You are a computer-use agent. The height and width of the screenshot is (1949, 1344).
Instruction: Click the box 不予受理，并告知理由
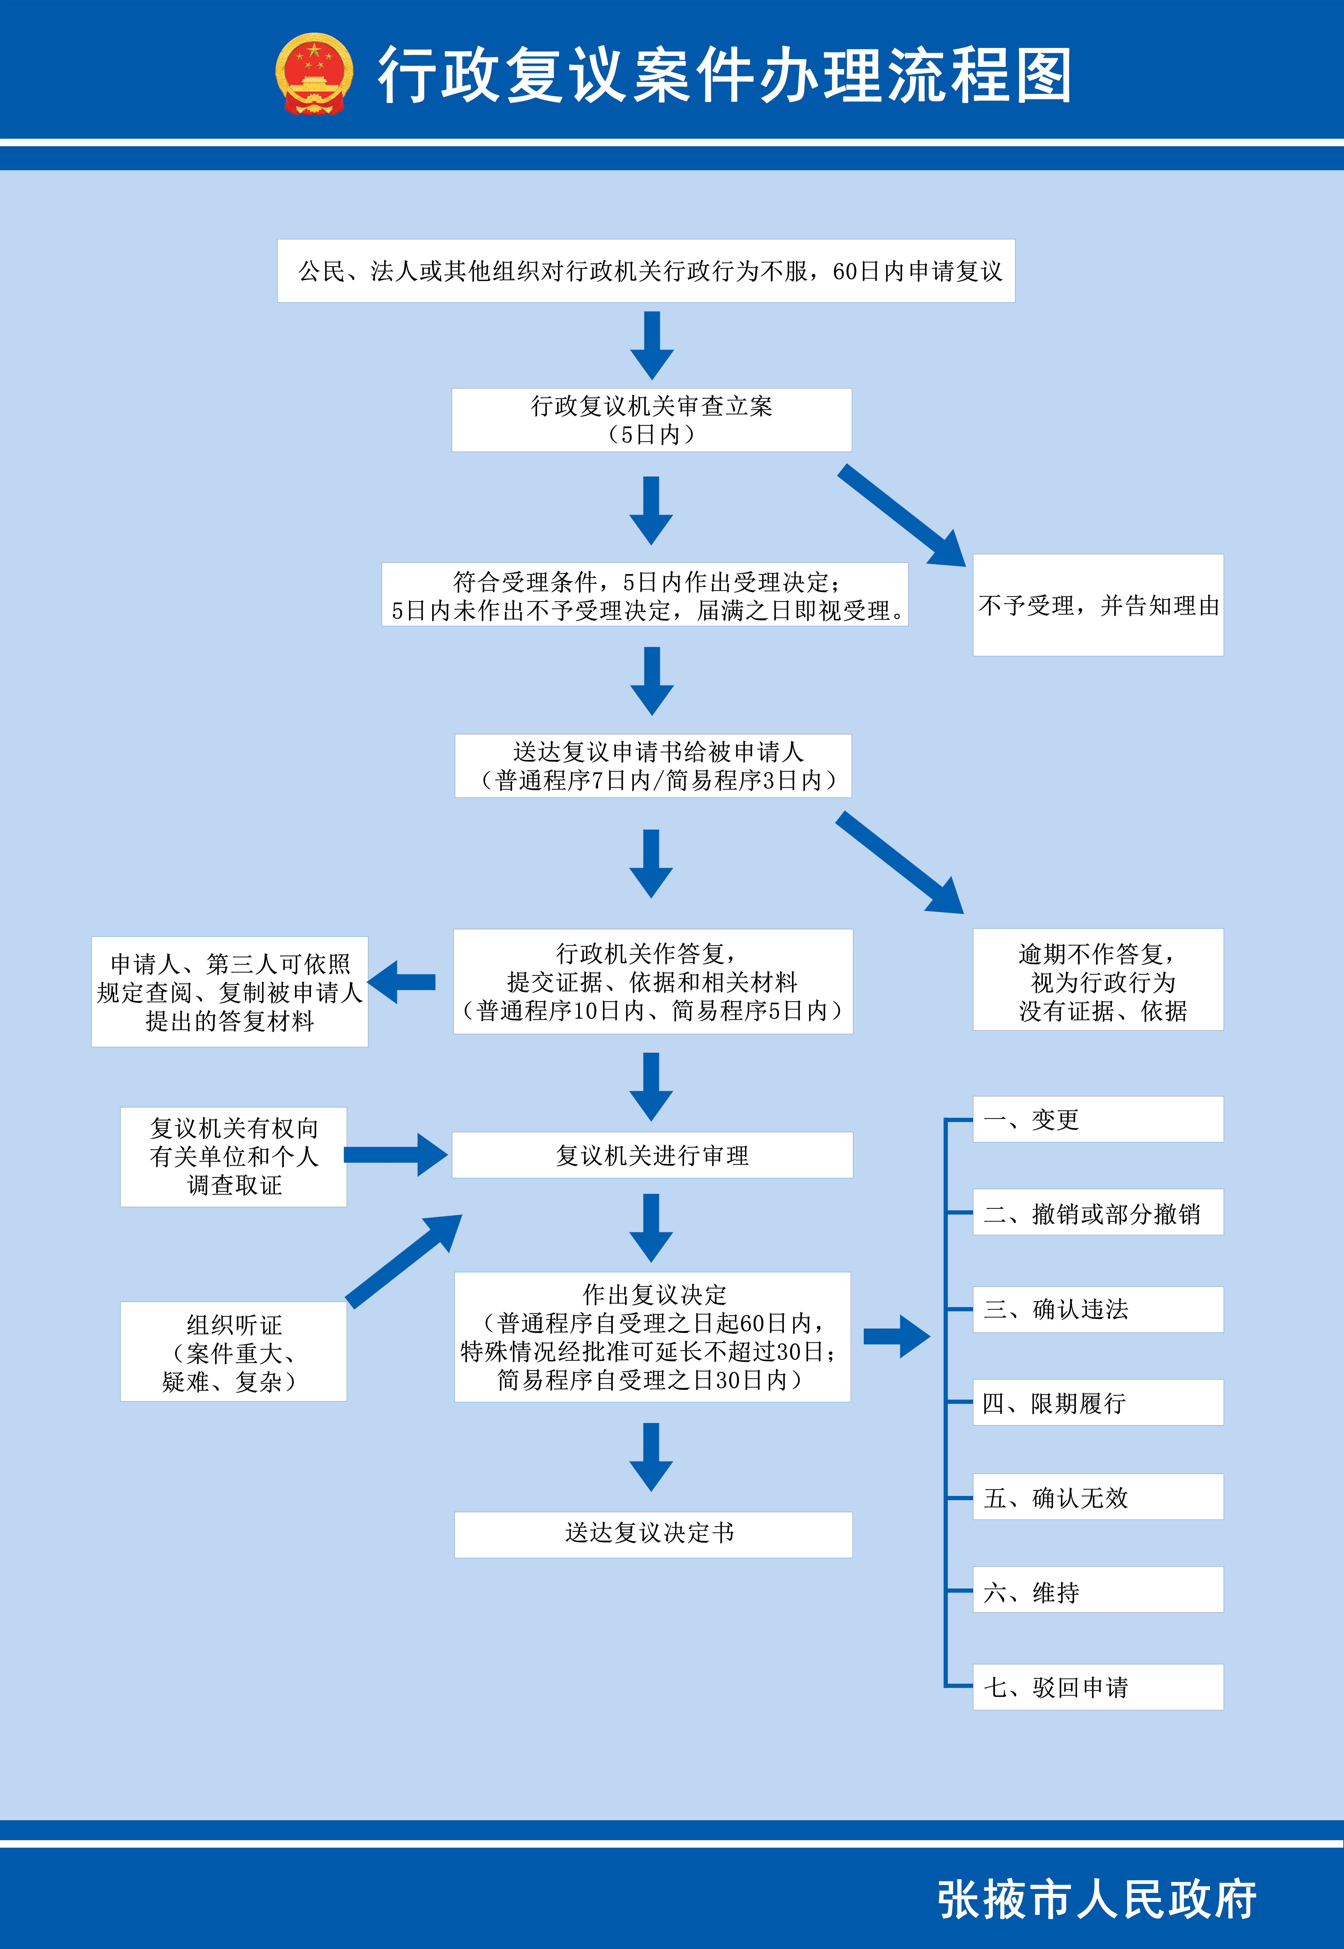1098,605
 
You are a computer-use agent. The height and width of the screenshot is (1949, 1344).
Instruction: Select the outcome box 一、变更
1098,1119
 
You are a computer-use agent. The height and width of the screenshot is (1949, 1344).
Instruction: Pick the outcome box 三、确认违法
1098,1309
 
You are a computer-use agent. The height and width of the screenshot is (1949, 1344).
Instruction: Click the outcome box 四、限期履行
1098,1402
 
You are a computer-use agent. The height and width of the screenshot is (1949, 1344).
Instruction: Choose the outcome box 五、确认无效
1098,1497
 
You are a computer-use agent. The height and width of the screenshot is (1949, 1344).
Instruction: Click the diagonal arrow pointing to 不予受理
901,515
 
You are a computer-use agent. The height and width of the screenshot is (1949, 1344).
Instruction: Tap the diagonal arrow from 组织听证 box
404,1261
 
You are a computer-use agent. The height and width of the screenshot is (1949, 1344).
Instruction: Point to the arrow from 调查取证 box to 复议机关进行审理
396,1155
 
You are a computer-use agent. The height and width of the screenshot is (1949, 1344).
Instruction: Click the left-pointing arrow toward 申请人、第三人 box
402,982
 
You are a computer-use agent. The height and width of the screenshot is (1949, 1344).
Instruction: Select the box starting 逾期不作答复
1098,980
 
